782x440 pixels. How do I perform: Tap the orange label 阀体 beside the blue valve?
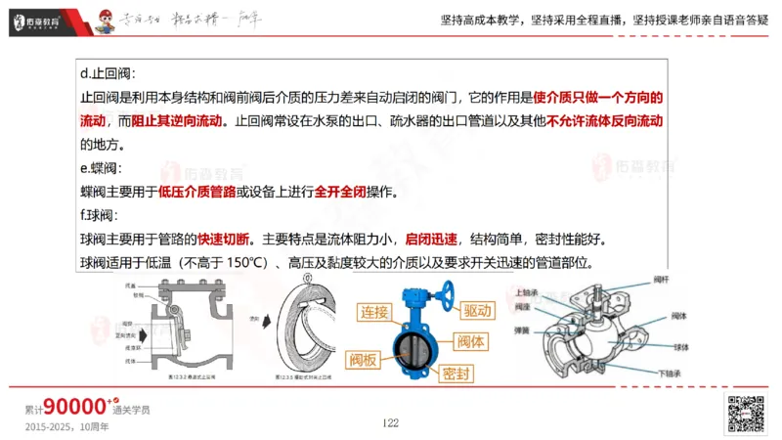[x=471, y=341]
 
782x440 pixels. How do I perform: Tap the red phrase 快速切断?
[x=223, y=240]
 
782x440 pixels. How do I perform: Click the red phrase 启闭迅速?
[x=431, y=240]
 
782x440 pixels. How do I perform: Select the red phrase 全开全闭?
[x=340, y=193]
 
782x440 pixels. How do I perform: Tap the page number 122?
[x=390, y=422]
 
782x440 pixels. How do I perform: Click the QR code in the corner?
[x=745, y=414]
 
